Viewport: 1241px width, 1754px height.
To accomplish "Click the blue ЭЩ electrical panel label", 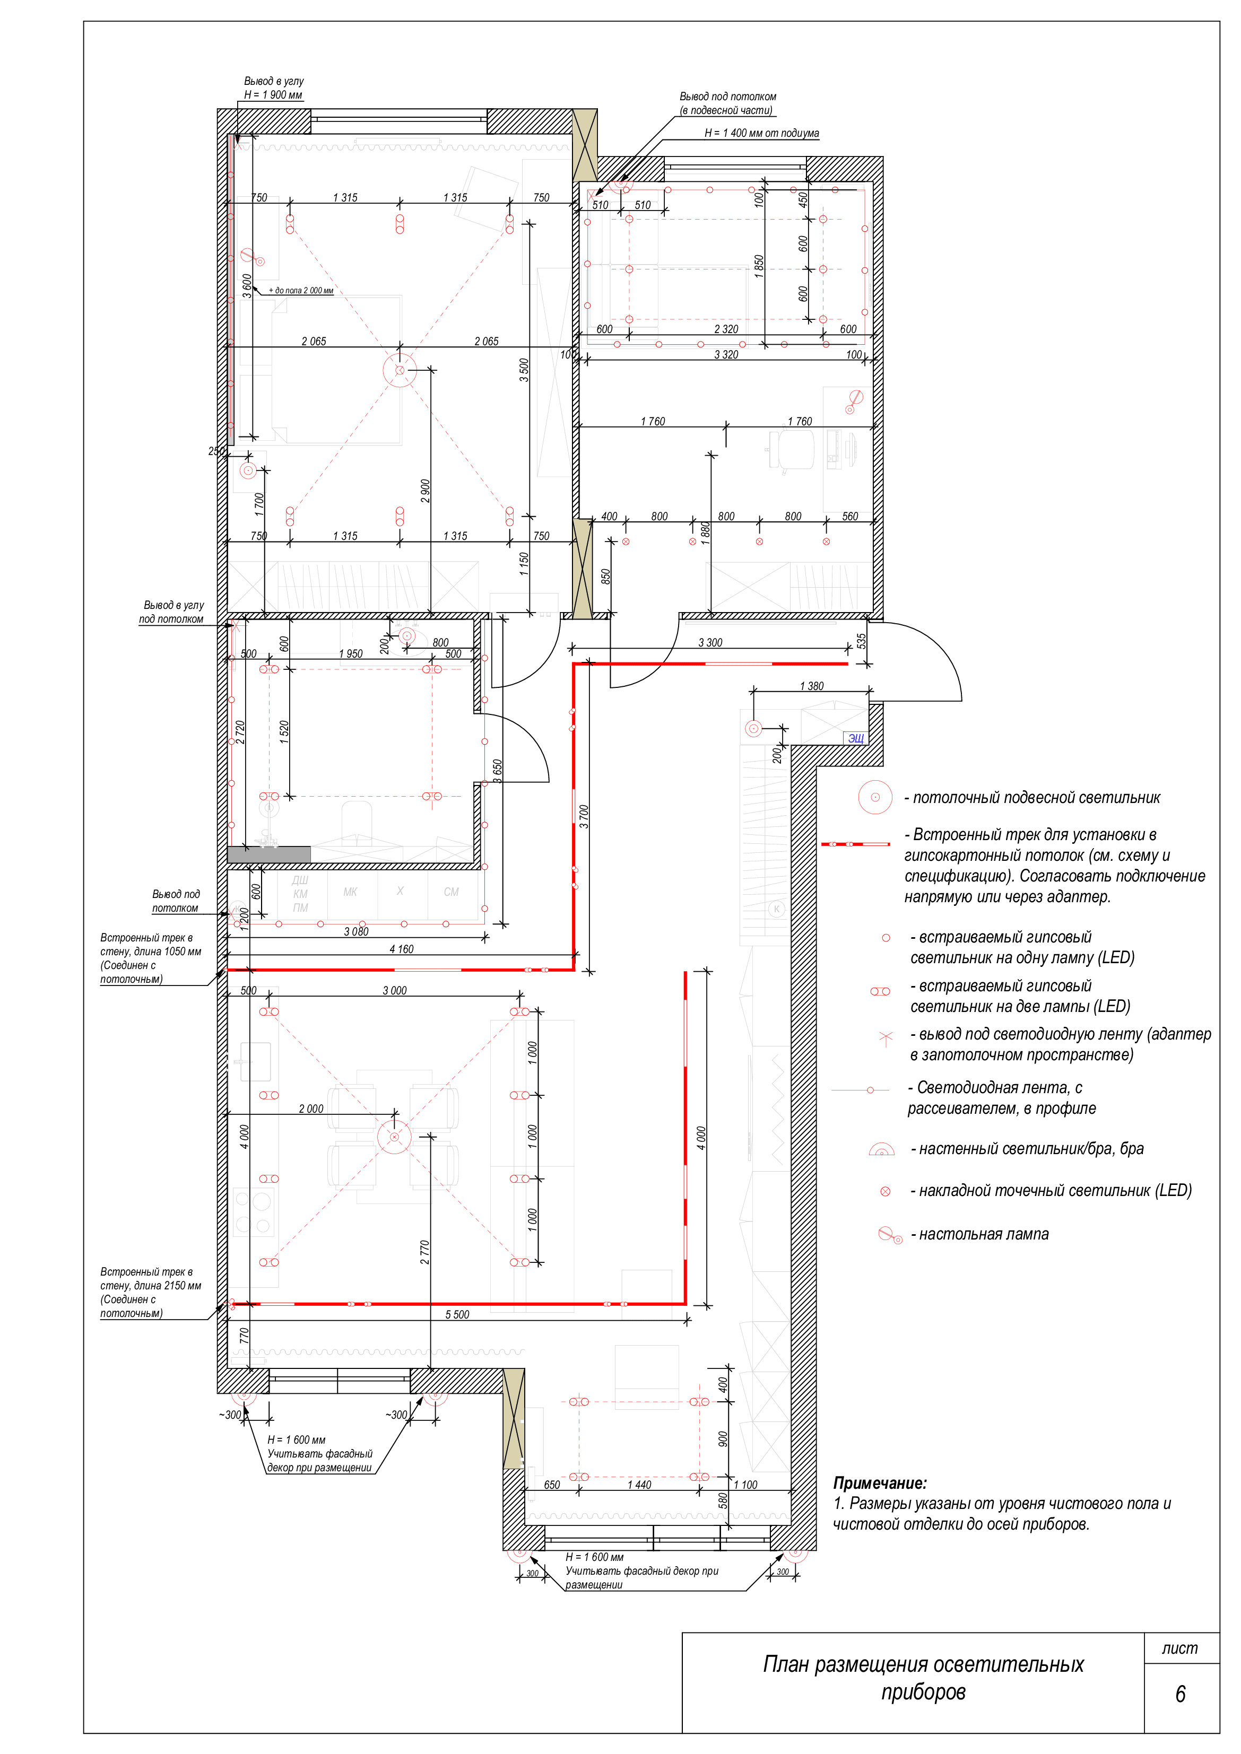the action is tap(856, 738).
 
